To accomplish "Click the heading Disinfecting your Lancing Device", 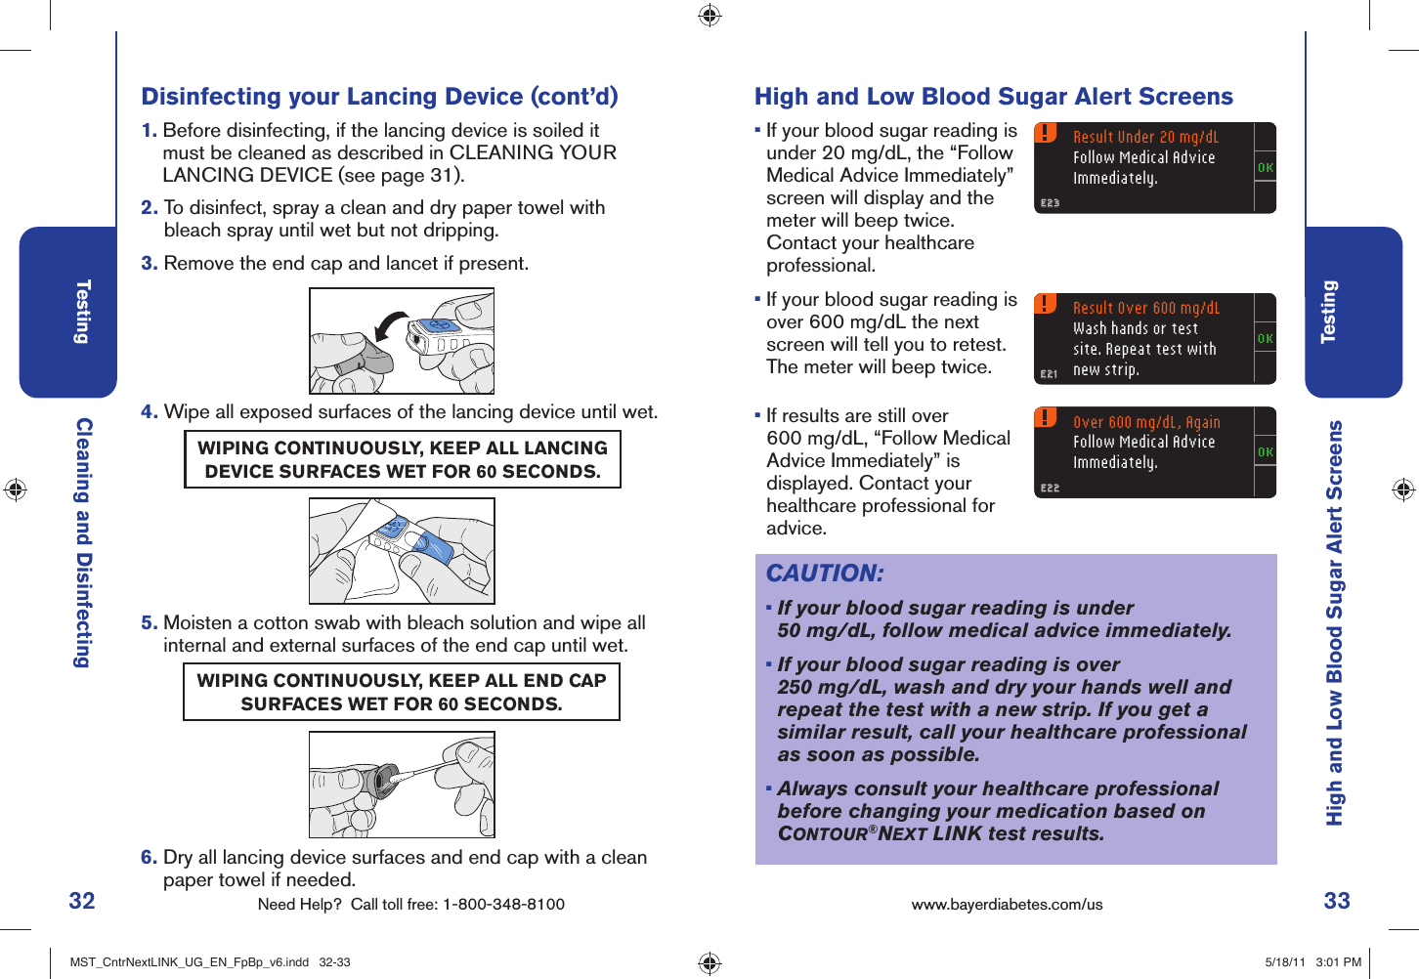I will (379, 97).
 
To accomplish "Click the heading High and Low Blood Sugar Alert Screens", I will (993, 97).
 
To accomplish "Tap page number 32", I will (82, 900).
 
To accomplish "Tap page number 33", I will (1336, 900).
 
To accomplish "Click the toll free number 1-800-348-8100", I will (503, 905).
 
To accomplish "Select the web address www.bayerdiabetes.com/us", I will (1007, 905).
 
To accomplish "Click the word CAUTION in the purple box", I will (825, 574).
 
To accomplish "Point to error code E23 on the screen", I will (1050, 203).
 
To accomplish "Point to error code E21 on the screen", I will (1049, 374).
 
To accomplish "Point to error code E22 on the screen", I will (1050, 488).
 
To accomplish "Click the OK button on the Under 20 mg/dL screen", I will (1265, 168).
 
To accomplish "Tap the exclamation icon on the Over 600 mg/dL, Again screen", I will (1046, 417).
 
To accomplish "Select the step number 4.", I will (149, 412).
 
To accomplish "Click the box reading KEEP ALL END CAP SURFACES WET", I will (402, 692).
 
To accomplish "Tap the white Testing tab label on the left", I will (83, 312).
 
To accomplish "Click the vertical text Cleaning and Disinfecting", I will (84, 542).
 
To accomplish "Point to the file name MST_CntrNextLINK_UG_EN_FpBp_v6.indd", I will (190, 962).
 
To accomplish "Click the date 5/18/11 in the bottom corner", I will (1284, 962).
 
